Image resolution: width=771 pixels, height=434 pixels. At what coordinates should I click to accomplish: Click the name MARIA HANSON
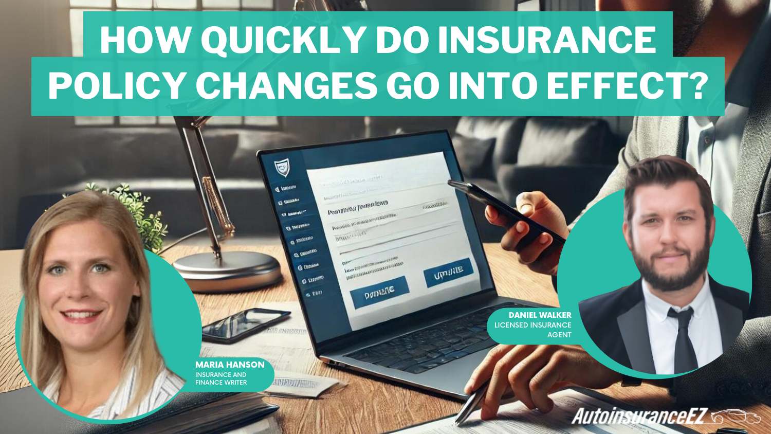tap(230, 365)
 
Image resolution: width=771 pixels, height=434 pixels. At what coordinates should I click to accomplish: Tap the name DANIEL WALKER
tap(540, 315)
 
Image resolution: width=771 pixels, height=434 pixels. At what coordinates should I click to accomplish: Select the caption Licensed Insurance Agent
tap(533, 330)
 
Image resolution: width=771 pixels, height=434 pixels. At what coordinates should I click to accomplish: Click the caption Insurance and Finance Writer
tap(221, 378)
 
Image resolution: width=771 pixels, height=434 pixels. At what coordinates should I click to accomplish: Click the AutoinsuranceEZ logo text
tap(640, 416)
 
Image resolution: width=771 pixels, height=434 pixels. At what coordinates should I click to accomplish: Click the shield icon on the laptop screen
tap(281, 167)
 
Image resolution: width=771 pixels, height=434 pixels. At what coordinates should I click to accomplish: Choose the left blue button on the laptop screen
tap(379, 292)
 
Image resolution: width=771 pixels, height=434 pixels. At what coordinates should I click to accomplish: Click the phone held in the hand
tap(504, 211)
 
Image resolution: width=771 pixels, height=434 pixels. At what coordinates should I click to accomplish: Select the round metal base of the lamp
tap(226, 269)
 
